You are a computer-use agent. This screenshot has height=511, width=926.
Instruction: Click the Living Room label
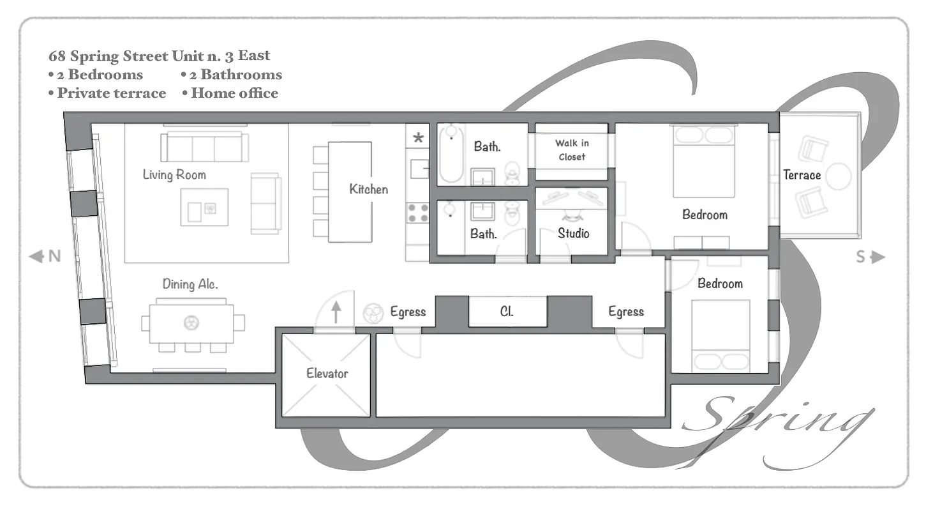point(174,174)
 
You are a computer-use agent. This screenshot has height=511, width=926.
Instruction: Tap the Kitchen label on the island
point(368,189)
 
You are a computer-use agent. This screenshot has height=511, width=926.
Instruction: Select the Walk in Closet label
point(571,150)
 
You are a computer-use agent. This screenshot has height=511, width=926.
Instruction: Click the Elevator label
point(327,373)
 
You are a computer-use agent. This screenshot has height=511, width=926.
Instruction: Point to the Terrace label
point(802,175)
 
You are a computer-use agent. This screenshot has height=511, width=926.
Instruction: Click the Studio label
point(573,233)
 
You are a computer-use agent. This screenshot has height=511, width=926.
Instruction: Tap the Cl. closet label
point(507,312)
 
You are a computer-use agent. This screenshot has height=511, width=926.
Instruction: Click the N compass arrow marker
point(45,257)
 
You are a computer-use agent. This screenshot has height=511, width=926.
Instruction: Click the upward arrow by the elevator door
point(336,312)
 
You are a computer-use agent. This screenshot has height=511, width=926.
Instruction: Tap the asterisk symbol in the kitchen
point(419,137)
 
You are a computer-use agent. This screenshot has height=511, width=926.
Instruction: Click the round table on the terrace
point(839,176)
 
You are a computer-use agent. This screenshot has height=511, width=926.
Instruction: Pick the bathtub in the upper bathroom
point(451,155)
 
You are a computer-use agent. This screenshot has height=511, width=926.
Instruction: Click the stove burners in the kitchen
point(418,213)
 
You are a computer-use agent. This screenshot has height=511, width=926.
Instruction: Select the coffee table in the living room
point(204,207)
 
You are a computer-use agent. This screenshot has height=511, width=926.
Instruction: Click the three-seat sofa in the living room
point(204,148)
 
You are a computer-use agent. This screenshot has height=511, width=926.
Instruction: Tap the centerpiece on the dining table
point(191,323)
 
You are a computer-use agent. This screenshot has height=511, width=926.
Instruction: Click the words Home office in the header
point(234,93)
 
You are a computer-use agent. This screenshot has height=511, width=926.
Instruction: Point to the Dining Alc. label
point(190,284)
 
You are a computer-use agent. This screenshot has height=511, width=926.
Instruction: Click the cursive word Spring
point(779,425)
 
